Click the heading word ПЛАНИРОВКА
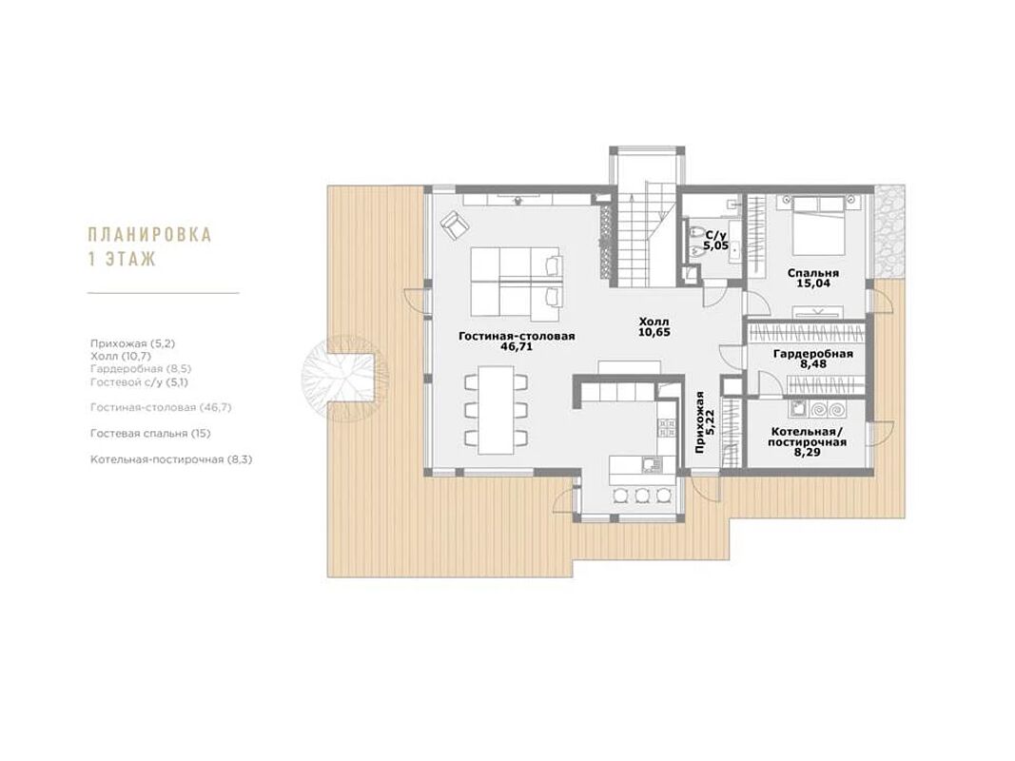pos(149,234)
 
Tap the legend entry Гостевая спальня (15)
pos(150,434)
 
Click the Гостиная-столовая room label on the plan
pos(517,337)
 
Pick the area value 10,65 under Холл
pos(654,333)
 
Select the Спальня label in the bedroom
pos(813,273)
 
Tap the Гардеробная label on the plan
pos(813,354)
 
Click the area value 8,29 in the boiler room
pos(808,453)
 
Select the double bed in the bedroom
pos(819,226)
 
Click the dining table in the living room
pos(496,410)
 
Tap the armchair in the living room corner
pos(455,224)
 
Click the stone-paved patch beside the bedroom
pos(888,231)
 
